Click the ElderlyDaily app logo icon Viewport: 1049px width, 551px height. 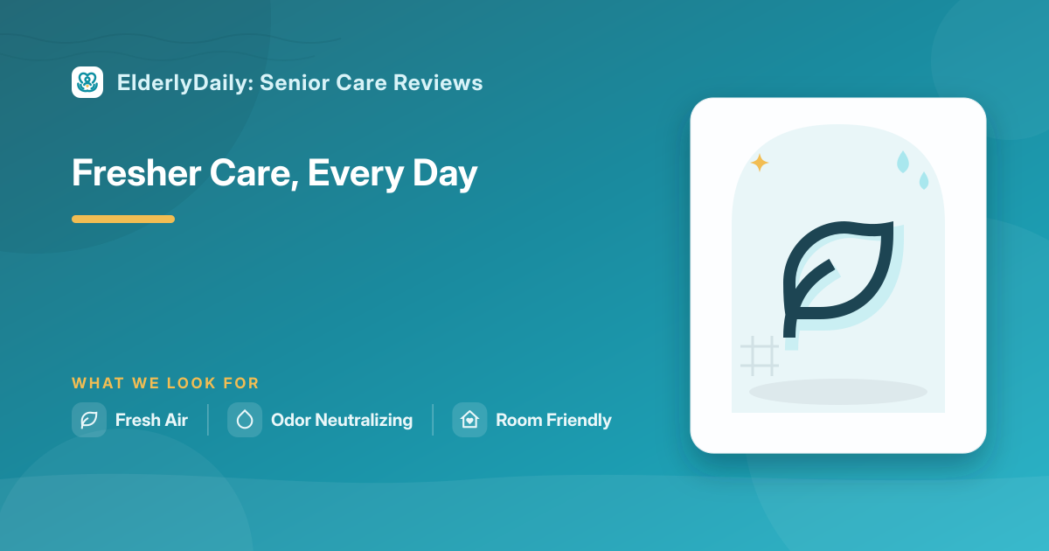[87, 82]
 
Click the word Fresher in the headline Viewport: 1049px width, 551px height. [136, 173]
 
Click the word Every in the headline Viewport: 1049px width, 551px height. [356, 174]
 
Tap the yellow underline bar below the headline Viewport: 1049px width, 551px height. [123, 219]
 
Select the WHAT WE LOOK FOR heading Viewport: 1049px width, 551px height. [165, 383]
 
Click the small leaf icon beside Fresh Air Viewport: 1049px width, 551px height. [89, 420]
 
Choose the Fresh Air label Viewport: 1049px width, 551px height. [151, 420]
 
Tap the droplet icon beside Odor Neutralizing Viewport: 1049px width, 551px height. [245, 420]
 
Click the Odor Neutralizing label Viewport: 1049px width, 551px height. [342, 421]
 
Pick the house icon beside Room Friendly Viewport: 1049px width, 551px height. [469, 420]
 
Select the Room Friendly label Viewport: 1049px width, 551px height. [553, 421]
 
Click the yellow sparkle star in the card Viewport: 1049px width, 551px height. [760, 163]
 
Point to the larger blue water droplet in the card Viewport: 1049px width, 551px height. [902, 162]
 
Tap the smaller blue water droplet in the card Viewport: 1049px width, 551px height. [924, 181]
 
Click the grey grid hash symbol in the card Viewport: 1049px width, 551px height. [760, 356]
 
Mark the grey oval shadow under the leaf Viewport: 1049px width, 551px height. [838, 392]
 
